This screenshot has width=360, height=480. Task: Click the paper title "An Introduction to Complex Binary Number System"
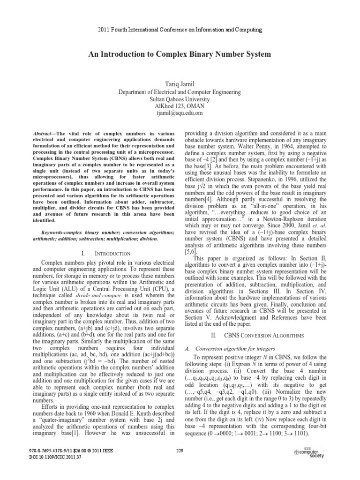(180, 54)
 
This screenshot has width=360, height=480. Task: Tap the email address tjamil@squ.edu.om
(180, 113)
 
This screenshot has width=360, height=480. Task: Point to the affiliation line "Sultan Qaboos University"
(180, 98)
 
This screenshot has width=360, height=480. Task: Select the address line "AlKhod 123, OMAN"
(180, 105)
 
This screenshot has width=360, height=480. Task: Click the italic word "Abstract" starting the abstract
(44, 134)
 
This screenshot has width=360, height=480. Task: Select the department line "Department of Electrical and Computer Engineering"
(180, 91)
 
